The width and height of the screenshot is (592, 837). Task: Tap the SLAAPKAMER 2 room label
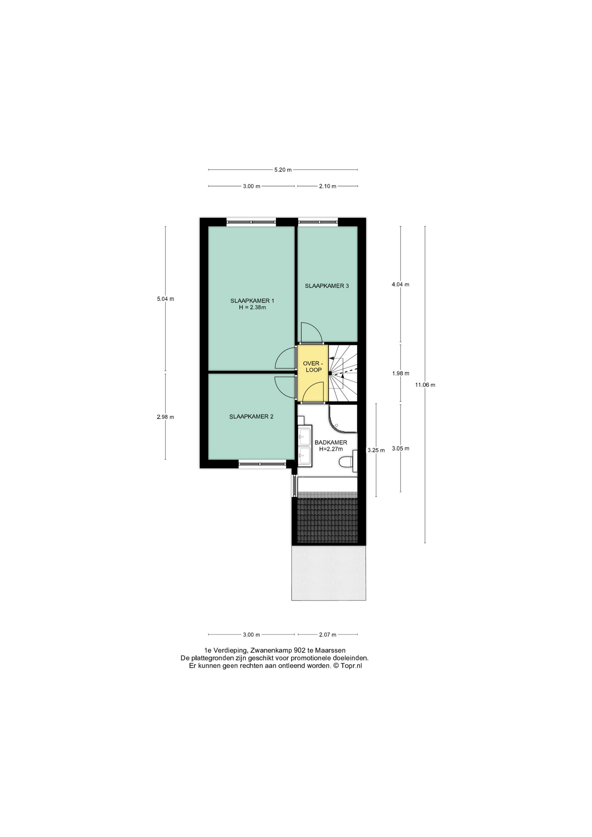[x=252, y=416]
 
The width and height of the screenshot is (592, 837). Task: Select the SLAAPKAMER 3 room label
[x=327, y=286]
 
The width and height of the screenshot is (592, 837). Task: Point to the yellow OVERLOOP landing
[x=313, y=373]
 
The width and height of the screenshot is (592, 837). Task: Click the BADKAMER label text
[x=331, y=442]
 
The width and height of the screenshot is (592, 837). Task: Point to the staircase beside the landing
[x=343, y=373]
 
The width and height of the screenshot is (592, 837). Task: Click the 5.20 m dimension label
[x=283, y=170]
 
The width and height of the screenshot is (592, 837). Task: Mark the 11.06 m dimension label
[x=425, y=385]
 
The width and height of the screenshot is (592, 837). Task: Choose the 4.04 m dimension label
[x=401, y=285]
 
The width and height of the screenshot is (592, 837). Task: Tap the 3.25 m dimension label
[x=376, y=450]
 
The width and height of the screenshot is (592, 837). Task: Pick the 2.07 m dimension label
[x=328, y=635]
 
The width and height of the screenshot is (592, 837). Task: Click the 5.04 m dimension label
[x=165, y=299]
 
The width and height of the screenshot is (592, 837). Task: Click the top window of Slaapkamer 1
[x=252, y=222]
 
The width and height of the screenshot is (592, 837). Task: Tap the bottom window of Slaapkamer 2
[x=262, y=464]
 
